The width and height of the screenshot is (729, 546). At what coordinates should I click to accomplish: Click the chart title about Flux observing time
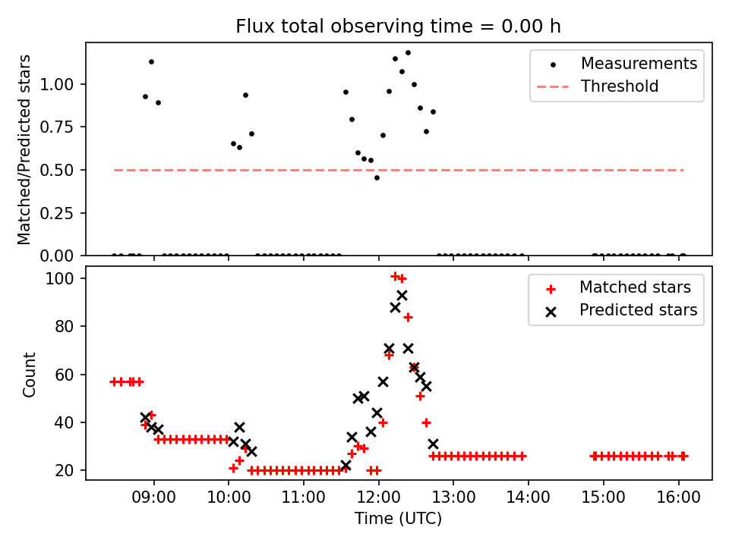[x=398, y=27]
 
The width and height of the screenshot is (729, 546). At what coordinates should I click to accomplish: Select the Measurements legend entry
[x=639, y=64]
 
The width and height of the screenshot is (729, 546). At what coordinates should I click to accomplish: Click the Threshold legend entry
[x=620, y=86]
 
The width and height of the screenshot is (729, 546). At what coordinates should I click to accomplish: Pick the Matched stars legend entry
[x=635, y=287]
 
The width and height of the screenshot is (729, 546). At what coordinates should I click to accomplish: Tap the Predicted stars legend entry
[x=638, y=310]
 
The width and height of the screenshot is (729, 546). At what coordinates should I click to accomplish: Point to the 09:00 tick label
[x=154, y=498]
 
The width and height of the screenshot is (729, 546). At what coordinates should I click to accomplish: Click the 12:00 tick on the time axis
[x=378, y=498]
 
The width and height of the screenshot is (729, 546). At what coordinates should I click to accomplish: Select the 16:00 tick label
[x=677, y=498]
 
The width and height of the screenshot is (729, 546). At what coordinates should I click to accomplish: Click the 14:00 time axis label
[x=528, y=498]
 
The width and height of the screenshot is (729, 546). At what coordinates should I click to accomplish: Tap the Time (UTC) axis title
[x=398, y=519]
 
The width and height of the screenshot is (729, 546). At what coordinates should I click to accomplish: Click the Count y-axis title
[x=30, y=374]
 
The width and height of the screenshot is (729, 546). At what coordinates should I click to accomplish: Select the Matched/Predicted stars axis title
[x=25, y=149]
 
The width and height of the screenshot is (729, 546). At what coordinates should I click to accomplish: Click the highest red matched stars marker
[x=395, y=276]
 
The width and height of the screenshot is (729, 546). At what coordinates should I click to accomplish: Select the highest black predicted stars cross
[x=402, y=296]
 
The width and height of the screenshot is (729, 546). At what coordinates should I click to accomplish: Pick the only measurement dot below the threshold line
[x=377, y=177]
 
